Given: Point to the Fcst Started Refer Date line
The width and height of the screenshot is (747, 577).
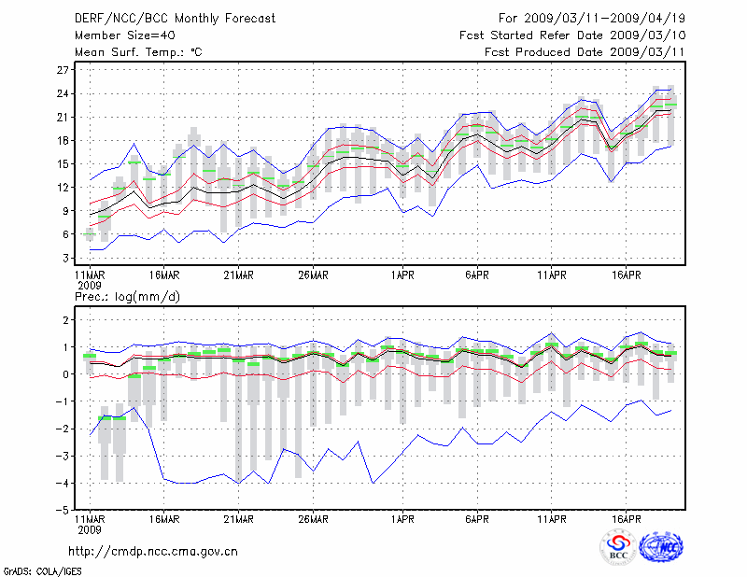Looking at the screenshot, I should point(572,35).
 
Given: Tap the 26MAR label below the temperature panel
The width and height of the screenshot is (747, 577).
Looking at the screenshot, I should point(313,275).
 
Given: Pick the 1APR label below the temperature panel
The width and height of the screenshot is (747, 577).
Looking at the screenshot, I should point(402,275).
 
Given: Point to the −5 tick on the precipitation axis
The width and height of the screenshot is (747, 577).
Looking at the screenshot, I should point(64,511).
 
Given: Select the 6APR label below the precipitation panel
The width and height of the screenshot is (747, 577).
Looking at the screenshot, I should point(477,519).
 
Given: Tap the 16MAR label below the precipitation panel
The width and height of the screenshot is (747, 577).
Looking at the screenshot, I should point(163,519).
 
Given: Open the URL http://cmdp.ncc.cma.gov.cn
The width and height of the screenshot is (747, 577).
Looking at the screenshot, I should point(153,551).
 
